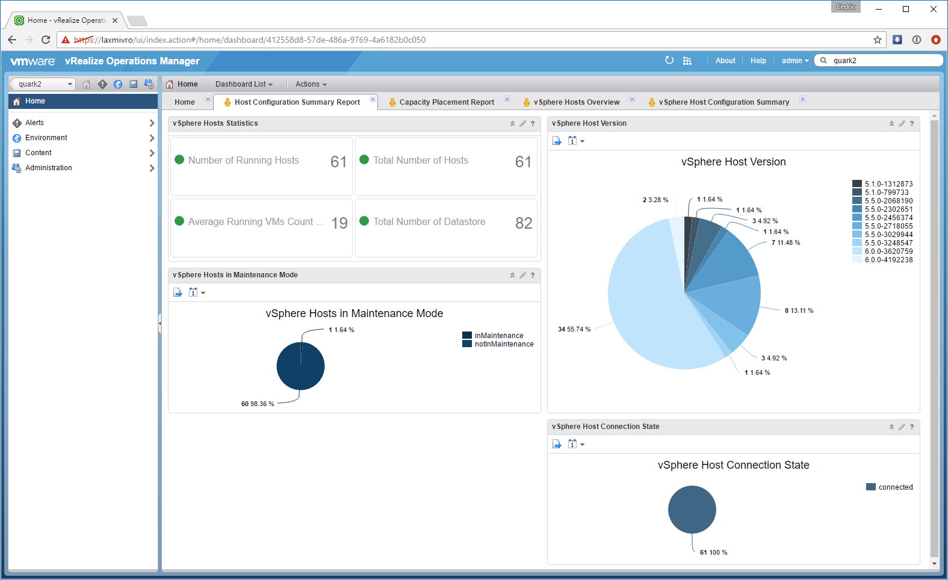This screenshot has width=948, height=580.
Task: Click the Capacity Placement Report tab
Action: tap(447, 102)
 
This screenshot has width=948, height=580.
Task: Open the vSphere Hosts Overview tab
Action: tap(576, 102)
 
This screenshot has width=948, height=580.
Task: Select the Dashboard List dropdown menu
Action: tap(244, 84)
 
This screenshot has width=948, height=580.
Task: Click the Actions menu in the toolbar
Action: tap(311, 84)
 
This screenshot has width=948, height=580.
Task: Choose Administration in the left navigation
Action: tap(49, 167)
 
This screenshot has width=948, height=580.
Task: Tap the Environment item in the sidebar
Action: tap(46, 138)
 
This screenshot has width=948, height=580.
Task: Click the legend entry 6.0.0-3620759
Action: tap(888, 251)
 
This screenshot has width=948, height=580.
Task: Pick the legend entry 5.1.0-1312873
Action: tap(888, 184)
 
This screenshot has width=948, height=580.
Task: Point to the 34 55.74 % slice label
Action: tap(574, 329)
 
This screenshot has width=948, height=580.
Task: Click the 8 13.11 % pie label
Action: tap(799, 310)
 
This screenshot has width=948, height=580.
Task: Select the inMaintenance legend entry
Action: tap(498, 336)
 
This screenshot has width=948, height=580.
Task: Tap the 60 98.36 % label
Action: tap(258, 404)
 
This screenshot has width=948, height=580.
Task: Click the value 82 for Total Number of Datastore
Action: tap(524, 223)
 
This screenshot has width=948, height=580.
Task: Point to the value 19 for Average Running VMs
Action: tap(339, 223)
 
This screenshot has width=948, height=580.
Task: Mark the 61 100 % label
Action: tap(713, 552)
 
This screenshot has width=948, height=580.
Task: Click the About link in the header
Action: tap(725, 61)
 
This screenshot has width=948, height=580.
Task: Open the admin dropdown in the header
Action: tap(795, 61)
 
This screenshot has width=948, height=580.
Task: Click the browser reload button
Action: tap(46, 40)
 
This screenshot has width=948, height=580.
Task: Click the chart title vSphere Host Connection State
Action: tap(734, 465)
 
